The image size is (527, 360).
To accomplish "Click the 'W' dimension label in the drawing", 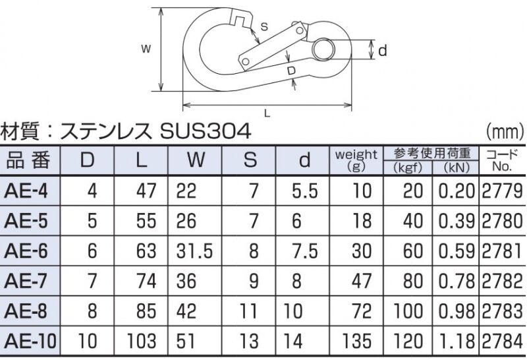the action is pos(146,49).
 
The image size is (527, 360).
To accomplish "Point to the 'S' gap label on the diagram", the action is pos(265,26).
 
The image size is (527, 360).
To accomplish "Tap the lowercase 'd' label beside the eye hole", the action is pos(383,51).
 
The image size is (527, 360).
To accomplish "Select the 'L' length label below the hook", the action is pos(267,113).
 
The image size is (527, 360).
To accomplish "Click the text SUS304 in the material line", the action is pos(206,131).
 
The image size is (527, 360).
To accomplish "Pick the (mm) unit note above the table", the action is pos(505,132).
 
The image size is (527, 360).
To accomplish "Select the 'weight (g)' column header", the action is pos(356,160).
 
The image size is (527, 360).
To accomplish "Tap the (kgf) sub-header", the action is pos(408,167).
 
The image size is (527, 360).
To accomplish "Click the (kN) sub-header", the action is pos(456,167).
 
